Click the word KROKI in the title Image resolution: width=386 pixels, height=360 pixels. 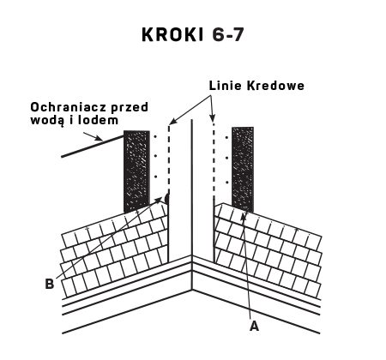[x=172, y=34]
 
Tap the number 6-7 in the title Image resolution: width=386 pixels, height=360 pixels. [x=228, y=34]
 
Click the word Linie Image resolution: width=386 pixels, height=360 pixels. [x=226, y=86]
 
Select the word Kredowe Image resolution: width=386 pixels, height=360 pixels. [x=275, y=86]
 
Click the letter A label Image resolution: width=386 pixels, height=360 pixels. [x=254, y=326]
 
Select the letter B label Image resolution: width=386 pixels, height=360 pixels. [x=50, y=284]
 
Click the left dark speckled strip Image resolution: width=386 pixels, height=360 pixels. [x=136, y=171]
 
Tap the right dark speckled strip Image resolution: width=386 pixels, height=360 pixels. [x=243, y=170]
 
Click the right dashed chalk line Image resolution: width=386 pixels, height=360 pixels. [x=214, y=159]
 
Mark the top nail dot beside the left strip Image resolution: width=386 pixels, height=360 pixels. [x=155, y=137]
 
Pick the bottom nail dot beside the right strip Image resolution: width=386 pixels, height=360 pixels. [x=226, y=182]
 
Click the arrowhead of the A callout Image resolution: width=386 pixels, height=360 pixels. [x=244, y=217]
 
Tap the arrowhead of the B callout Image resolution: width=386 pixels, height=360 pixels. [x=159, y=200]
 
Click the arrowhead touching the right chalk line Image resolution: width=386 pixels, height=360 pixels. [x=212, y=117]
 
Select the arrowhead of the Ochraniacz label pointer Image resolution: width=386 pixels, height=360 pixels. [x=99, y=139]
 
